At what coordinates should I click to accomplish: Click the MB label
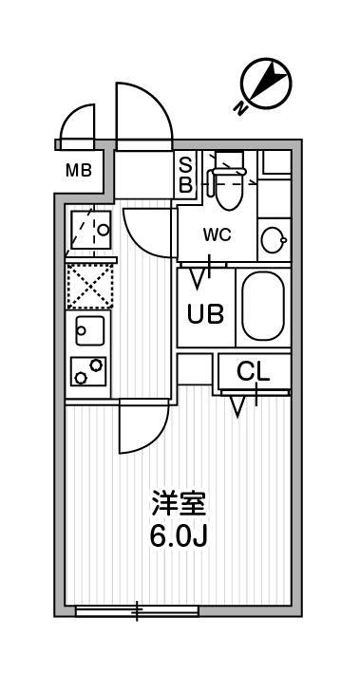pyautogui.click(x=79, y=171)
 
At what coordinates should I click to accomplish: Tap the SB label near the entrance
pyautogui.click(x=185, y=175)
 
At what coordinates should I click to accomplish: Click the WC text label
pyautogui.click(x=218, y=234)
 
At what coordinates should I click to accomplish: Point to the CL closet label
pyautogui.click(x=254, y=372)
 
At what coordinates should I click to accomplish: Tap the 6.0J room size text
pyautogui.click(x=179, y=535)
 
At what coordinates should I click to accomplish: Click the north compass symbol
pyautogui.click(x=266, y=84)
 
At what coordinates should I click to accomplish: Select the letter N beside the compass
pyautogui.click(x=240, y=109)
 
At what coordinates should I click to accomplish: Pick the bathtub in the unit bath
pyautogui.click(x=263, y=306)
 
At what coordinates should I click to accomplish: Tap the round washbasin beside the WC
pyautogui.click(x=274, y=240)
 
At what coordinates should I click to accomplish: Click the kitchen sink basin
pyautogui.click(x=90, y=330)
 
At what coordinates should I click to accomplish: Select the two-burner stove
pyautogui.click(x=88, y=371)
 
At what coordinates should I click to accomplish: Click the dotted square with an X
pyautogui.click(x=89, y=287)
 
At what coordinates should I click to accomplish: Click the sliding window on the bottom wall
pyautogui.click(x=137, y=610)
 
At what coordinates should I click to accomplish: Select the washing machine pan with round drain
pyautogui.click(x=90, y=230)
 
